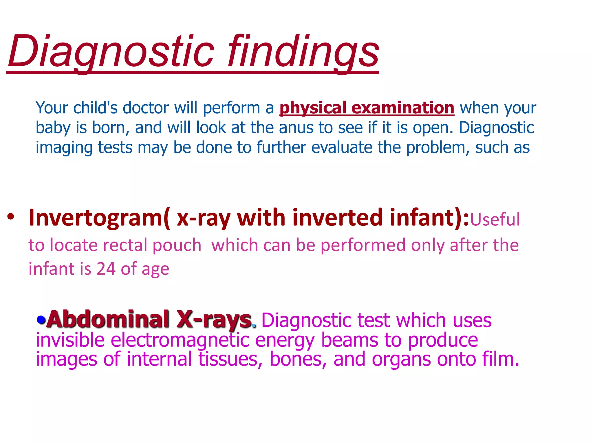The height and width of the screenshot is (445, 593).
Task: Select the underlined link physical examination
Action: (367, 108)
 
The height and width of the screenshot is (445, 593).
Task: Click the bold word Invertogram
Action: (96, 218)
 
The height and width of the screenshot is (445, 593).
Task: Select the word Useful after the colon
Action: (495, 219)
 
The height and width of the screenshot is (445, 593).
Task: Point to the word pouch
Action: (177, 245)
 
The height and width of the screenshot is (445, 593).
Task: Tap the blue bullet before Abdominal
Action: (41, 320)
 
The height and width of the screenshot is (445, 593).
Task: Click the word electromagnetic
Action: (180, 340)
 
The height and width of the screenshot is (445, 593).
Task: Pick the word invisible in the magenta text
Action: (70, 340)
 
